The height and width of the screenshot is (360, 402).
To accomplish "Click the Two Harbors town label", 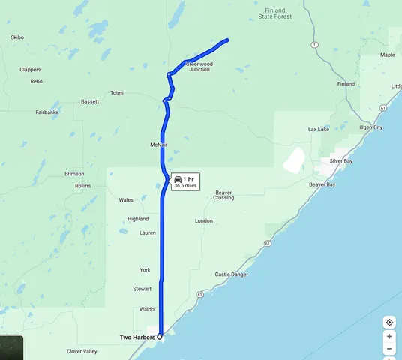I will click(137, 337).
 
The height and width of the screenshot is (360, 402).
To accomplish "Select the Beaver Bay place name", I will click(322, 184).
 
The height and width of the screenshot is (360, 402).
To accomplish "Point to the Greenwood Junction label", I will click(199, 66).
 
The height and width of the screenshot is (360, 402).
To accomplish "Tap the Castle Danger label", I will click(231, 275).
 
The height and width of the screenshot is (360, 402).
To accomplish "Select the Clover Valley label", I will click(82, 351).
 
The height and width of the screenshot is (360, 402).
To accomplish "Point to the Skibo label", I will click(18, 37).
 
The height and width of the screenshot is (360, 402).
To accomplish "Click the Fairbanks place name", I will click(46, 112).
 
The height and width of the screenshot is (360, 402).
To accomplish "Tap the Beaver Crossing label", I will click(223, 195).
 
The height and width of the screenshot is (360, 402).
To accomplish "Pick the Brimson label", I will click(74, 173).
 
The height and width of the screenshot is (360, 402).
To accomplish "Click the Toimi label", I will click(116, 93).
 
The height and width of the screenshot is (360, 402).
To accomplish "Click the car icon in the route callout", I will click(178, 179).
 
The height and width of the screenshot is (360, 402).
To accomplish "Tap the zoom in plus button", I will click(389, 337).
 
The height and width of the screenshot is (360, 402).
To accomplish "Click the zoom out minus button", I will click(389, 349).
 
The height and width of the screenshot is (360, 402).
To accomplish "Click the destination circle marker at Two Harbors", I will click(160, 336).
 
